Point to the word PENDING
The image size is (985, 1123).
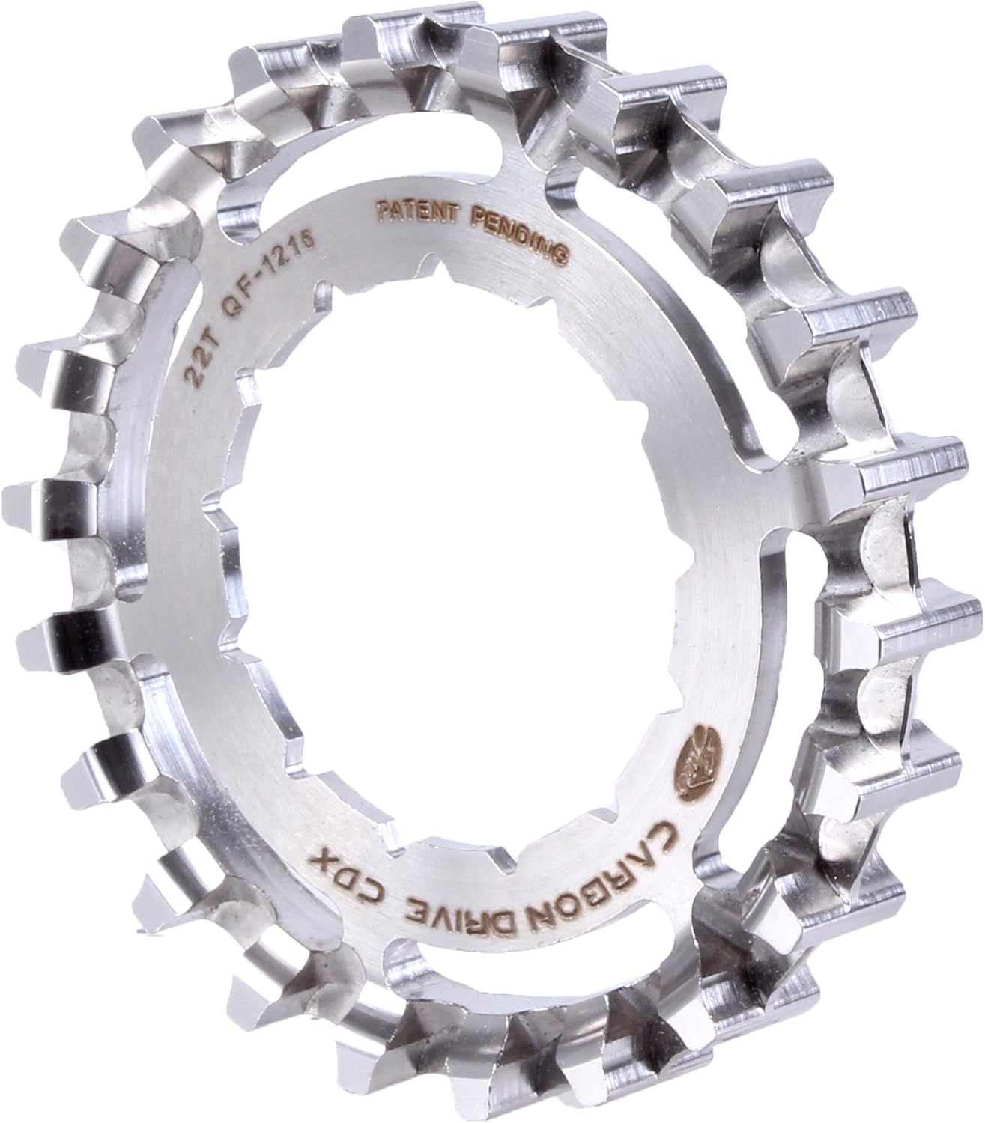pos(522,230)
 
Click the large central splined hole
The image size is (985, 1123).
pos(442,524)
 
